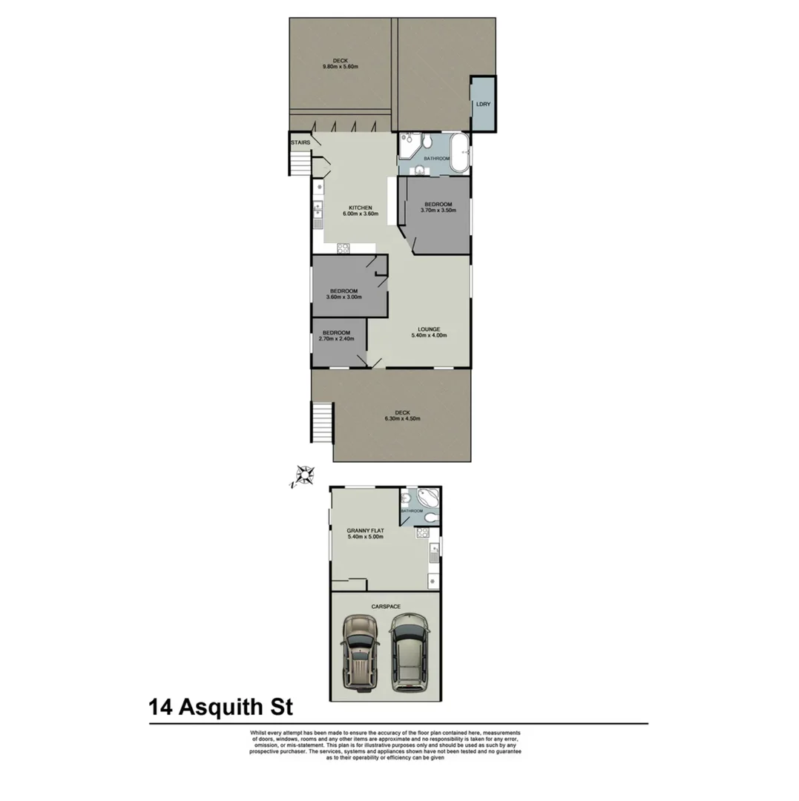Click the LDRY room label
(483, 105)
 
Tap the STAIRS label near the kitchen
(300, 142)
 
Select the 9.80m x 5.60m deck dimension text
(341, 67)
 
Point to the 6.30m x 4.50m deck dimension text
(402, 418)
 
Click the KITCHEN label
(361, 208)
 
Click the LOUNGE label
(429, 329)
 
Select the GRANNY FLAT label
(365, 531)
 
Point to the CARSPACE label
(385, 607)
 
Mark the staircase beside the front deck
(322, 423)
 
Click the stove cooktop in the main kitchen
(343, 248)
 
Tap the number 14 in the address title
(161, 705)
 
